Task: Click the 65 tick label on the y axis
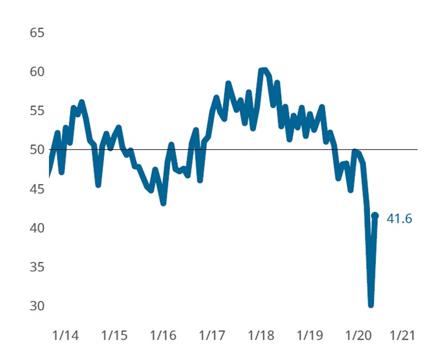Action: click(x=37, y=33)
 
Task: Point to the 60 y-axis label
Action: click(x=37, y=72)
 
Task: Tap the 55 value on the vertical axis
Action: click(x=37, y=111)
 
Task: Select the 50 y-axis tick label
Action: click(x=37, y=150)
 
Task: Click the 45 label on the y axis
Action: click(x=37, y=189)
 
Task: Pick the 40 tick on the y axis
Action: click(x=37, y=229)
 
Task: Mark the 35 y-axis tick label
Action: click(x=37, y=268)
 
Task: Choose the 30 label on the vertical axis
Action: click(x=37, y=307)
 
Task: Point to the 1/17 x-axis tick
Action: click(x=212, y=336)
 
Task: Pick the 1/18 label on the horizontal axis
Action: click(x=261, y=336)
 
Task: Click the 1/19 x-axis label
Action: click(x=310, y=336)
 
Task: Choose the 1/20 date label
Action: click(x=359, y=336)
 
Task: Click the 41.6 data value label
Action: click(x=400, y=218)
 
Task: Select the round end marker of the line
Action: click(x=375, y=216)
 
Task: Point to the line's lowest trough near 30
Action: click(x=371, y=304)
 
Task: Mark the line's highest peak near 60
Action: click(x=263, y=71)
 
